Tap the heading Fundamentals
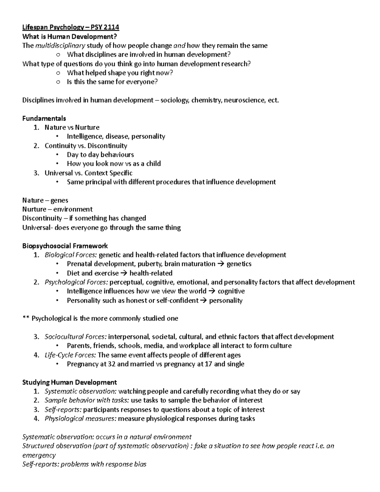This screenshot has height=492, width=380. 44,118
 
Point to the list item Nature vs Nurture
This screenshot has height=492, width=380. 72,127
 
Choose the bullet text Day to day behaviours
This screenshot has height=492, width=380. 100,155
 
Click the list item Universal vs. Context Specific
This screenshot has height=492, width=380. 88,173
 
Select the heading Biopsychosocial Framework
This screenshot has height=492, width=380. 65,246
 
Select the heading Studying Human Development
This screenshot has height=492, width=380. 70,382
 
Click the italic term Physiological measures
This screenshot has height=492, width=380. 80,419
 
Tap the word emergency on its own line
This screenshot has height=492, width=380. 39,455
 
